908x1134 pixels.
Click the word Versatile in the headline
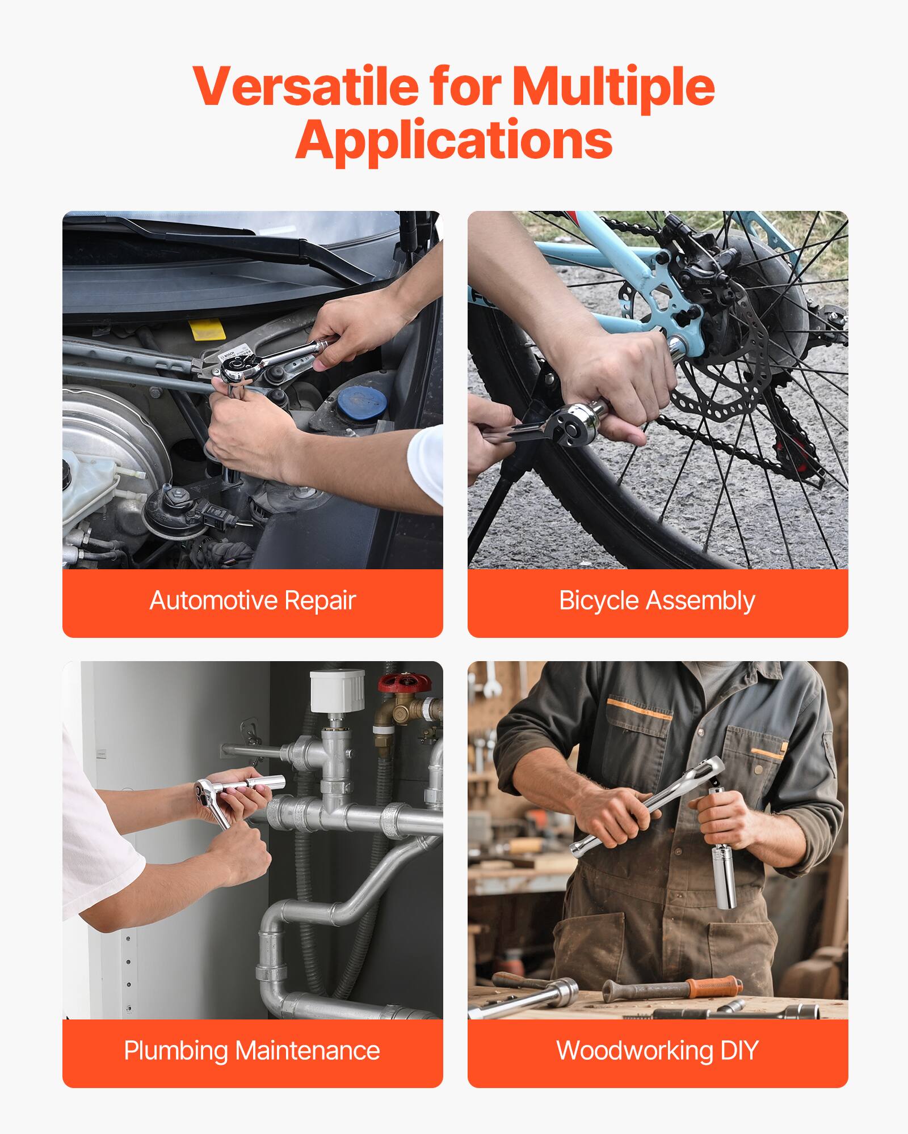[305, 86]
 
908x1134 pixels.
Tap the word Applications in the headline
[453, 140]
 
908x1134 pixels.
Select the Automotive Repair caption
[253, 601]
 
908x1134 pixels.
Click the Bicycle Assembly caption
[657, 601]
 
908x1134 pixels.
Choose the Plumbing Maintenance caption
[252, 1051]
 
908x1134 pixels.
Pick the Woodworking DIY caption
[657, 1051]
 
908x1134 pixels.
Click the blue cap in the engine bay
[361, 402]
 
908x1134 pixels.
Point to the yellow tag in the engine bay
[207, 329]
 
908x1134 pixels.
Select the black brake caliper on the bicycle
[704, 272]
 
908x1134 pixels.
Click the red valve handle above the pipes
[404, 682]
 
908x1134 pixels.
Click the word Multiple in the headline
[613, 86]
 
